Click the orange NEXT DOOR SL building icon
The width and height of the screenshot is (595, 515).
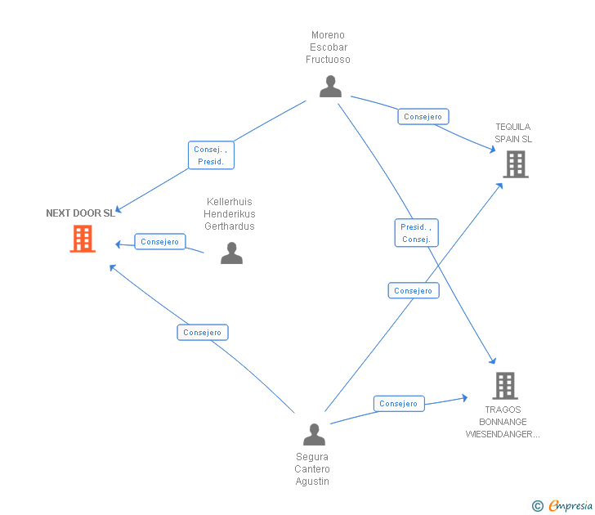point(83,239)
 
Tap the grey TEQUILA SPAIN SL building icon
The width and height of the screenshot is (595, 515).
point(515,164)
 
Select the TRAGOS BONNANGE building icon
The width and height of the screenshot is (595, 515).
point(504,385)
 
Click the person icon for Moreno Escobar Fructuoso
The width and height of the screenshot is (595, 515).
point(330,86)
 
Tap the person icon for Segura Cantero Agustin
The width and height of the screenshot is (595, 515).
point(314,434)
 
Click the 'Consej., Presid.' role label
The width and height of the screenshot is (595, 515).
point(210,155)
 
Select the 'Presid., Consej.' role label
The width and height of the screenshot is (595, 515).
point(416,233)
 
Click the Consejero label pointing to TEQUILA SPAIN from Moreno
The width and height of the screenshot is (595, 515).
point(423,117)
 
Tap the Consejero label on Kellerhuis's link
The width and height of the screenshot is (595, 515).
point(159,242)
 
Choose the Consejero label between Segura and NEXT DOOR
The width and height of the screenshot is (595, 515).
point(202,333)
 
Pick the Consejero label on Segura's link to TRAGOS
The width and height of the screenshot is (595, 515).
point(399,404)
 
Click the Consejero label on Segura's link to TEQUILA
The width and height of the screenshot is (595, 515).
point(413,291)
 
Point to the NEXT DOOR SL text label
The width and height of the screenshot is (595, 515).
point(80,213)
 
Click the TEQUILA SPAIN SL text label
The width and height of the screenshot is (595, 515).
point(512,133)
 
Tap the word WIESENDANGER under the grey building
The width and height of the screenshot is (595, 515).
point(503,434)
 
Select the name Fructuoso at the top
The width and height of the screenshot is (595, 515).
point(328,60)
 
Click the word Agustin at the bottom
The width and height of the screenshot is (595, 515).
point(312,481)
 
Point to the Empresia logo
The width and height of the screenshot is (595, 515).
point(570,506)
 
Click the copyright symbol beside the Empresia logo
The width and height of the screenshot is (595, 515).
point(537,506)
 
